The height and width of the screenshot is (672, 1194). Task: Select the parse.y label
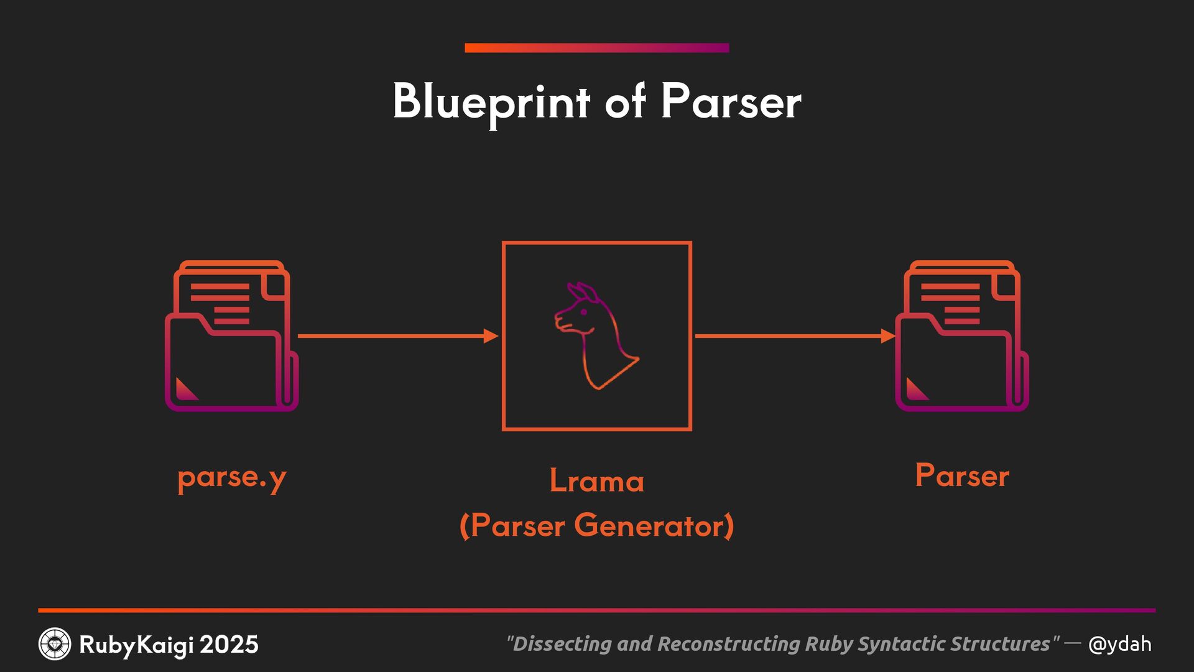232,478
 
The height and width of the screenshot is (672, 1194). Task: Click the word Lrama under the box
597,481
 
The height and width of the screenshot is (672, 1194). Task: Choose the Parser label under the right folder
961,476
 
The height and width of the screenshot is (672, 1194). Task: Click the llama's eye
584,312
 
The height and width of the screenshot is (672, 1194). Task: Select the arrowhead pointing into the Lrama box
491,336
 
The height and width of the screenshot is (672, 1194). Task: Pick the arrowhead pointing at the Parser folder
888,336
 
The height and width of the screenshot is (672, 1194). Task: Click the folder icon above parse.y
231,336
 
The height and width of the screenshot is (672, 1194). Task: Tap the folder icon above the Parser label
961,336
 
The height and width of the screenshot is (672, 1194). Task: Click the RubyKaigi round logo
55,644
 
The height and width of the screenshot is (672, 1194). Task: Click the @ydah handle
1119,644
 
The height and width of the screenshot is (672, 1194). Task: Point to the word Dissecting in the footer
561,644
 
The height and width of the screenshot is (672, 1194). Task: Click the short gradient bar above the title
597,48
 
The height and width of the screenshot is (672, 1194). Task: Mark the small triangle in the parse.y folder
185,390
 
